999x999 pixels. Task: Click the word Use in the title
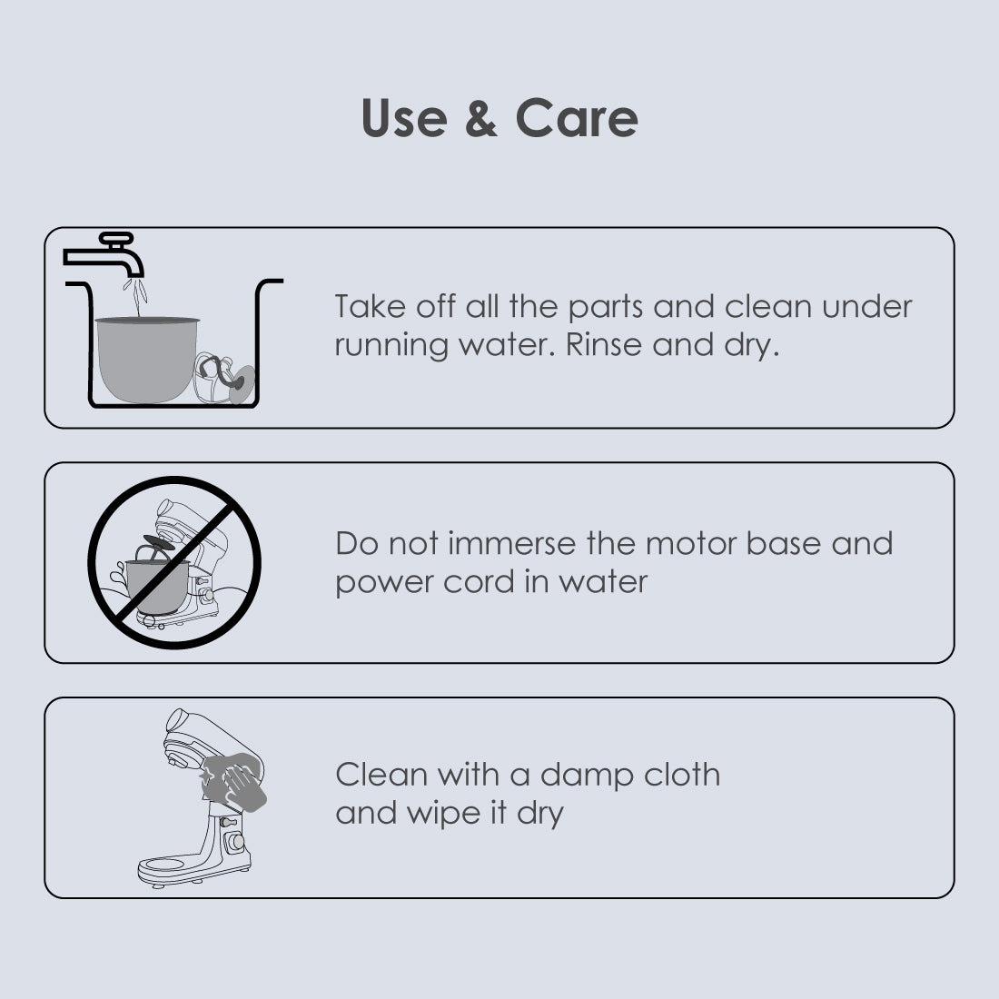pyautogui.click(x=404, y=118)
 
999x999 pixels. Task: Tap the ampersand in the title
pyautogui.click(x=481, y=118)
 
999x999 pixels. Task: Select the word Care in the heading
pyautogui.click(x=576, y=118)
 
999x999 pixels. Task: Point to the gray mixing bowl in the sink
pyautogui.click(x=146, y=360)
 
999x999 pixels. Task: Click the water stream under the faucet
pyautogui.click(x=136, y=296)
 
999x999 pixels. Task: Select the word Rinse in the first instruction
pyautogui.click(x=604, y=345)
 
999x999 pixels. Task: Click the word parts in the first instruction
pyautogui.click(x=605, y=307)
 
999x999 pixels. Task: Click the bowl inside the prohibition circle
pyautogui.click(x=156, y=586)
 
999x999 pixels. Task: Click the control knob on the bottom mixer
pyautogui.click(x=235, y=842)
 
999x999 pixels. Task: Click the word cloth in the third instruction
pyautogui.click(x=682, y=775)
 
